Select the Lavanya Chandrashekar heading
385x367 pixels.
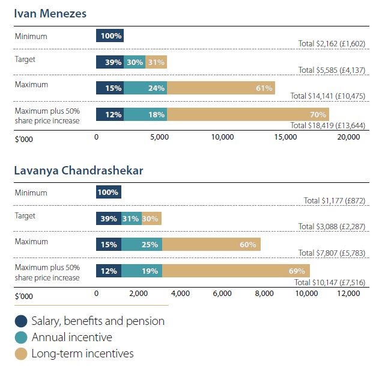(78, 170)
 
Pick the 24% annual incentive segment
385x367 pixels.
(145, 88)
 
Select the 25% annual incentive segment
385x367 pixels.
(142, 244)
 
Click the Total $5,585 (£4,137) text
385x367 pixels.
(332, 70)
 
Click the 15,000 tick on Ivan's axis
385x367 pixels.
(285, 137)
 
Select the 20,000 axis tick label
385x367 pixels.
(348, 137)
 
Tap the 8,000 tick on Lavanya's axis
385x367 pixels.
(264, 294)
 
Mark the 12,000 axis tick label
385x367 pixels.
(348, 294)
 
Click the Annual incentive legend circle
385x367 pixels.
(22, 338)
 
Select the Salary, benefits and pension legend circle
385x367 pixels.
(22, 321)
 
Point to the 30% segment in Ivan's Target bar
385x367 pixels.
(135, 62)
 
